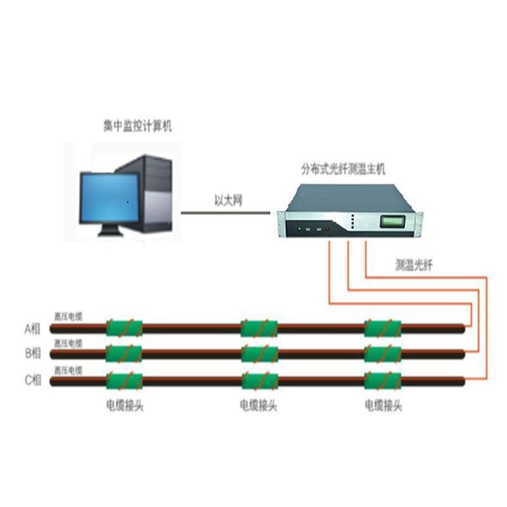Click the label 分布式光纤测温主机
click(342, 170)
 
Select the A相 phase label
click(32, 328)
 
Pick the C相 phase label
click(32, 380)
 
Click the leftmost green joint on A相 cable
click(124, 328)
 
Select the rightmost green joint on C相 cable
click(383, 380)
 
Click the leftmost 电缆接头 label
click(124, 406)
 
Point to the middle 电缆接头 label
click(259, 406)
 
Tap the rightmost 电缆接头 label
click(383, 406)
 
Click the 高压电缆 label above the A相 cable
click(68, 316)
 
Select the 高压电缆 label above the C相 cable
click(68, 369)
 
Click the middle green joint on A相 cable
click(259, 328)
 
